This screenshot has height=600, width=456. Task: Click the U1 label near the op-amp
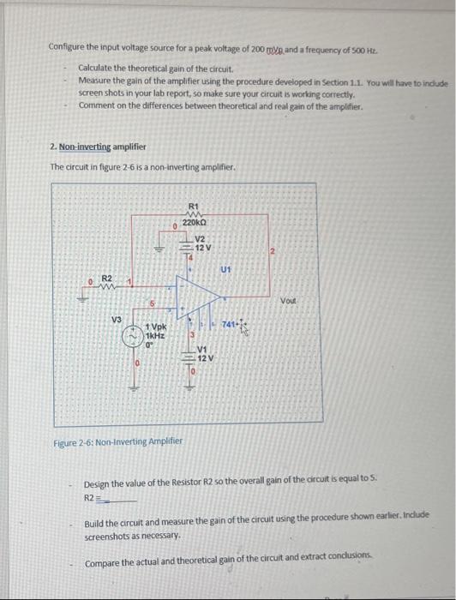(x=225, y=268)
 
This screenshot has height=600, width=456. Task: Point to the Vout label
(x=287, y=301)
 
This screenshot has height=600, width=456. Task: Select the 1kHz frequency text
(x=156, y=336)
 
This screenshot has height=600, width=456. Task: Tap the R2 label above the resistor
(x=108, y=279)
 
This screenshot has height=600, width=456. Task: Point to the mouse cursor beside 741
(x=240, y=326)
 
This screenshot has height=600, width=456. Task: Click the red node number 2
(x=272, y=251)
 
